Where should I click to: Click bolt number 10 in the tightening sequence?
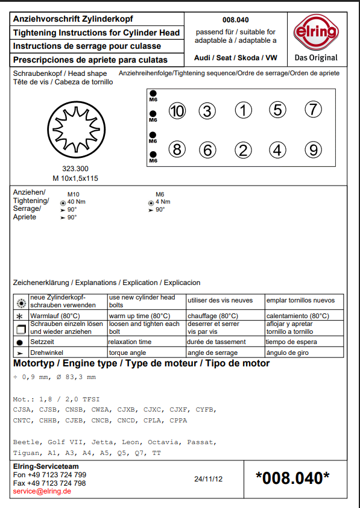pyautogui.click(x=177, y=111)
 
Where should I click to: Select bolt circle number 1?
pyautogui.click(x=243, y=110)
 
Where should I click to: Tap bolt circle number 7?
pyautogui.click(x=312, y=110)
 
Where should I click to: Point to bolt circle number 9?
pyautogui.click(x=312, y=149)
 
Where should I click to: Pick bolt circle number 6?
pyautogui.click(x=207, y=150)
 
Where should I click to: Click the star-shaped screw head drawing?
pyautogui.click(x=75, y=130)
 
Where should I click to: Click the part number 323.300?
pyautogui.click(x=75, y=169)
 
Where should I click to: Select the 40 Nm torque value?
pyautogui.click(x=76, y=202)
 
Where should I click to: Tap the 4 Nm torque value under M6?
pyautogui.click(x=163, y=202)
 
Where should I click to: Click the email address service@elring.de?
pyautogui.click(x=42, y=492)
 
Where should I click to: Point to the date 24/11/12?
pyautogui.click(x=209, y=480)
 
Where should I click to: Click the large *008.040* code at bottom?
pyautogui.click(x=292, y=478)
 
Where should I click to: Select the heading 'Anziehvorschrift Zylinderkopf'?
pyautogui.click(x=73, y=19)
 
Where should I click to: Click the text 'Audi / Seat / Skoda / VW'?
pyautogui.click(x=236, y=58)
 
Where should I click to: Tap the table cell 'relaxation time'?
pyautogui.click(x=130, y=342)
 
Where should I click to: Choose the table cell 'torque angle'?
pyautogui.click(x=127, y=352)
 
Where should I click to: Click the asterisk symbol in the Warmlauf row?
pyautogui.click(x=20, y=316)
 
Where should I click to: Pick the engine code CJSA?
pyautogui.click(x=23, y=409)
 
